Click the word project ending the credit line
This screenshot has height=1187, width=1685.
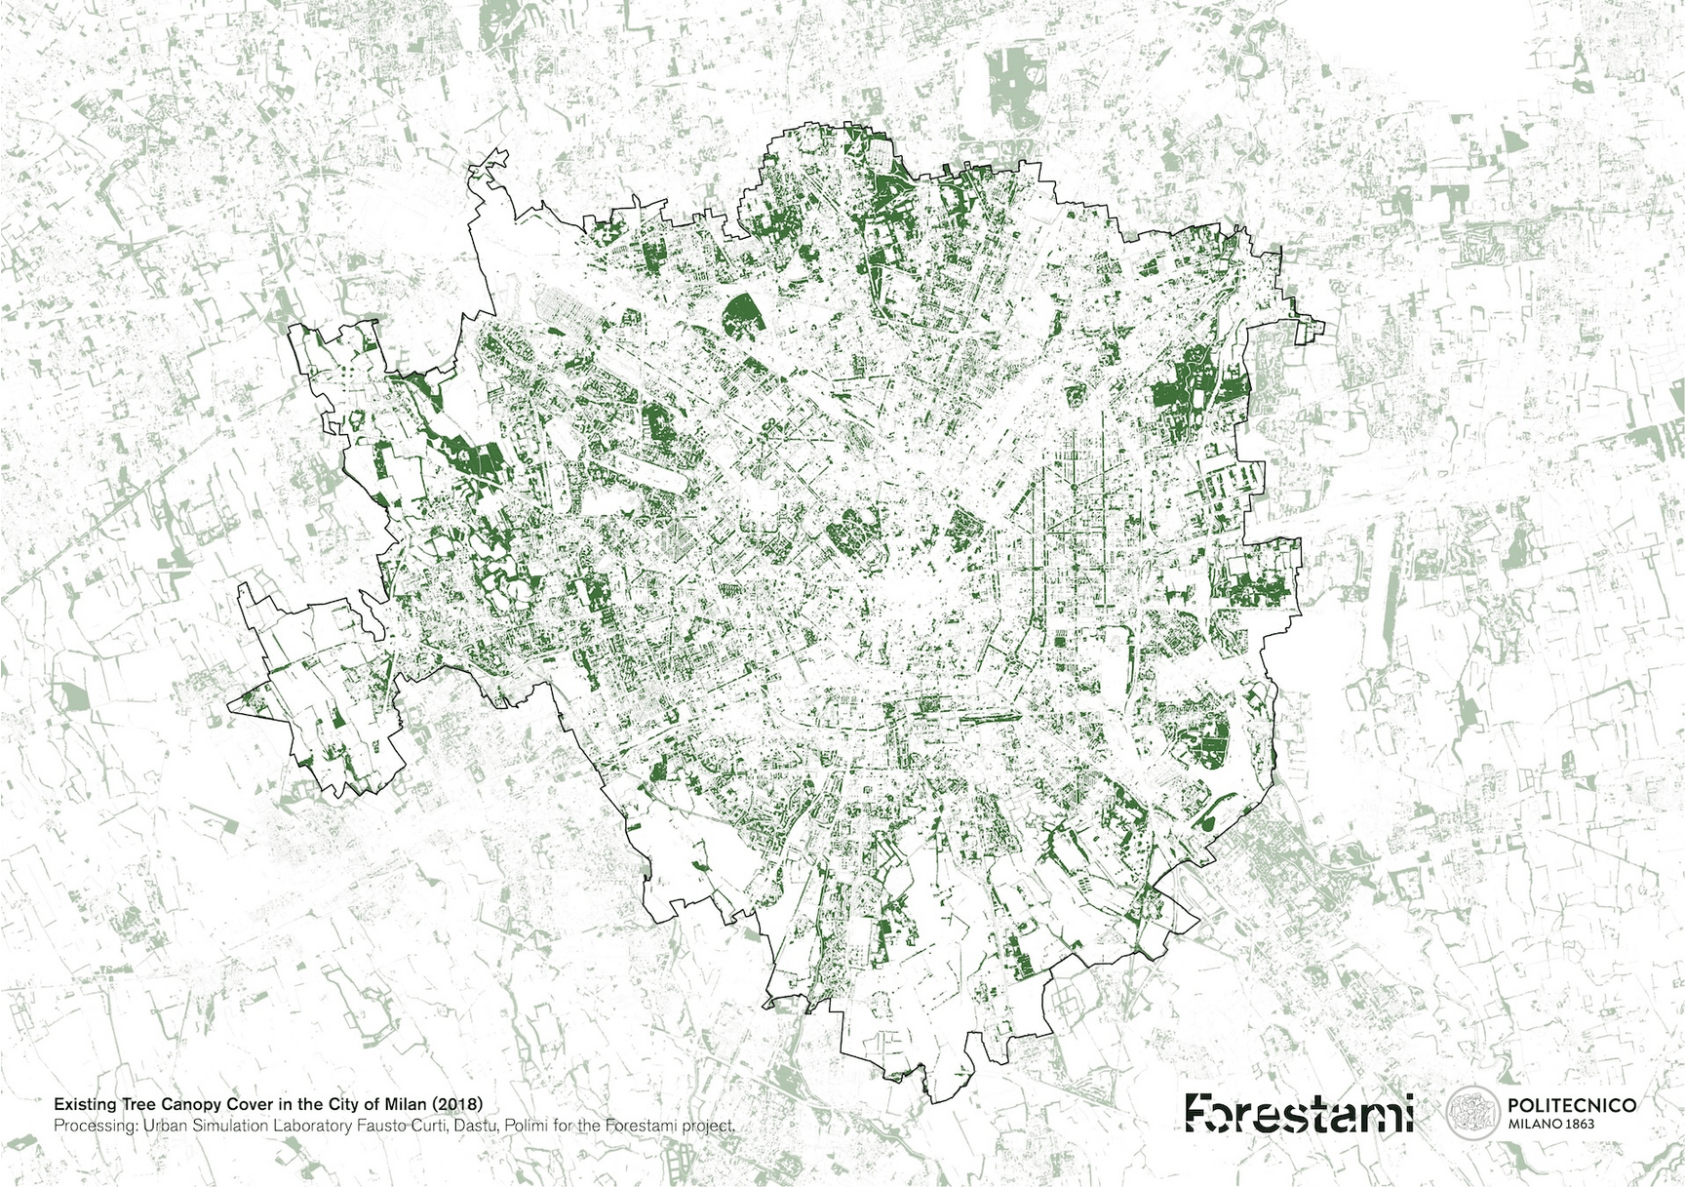[x=707, y=1127]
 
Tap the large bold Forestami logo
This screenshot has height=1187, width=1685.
[x=1300, y=1113]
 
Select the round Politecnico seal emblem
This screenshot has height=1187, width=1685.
[x=1471, y=1113]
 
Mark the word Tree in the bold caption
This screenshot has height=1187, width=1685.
[x=129, y=1105]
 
